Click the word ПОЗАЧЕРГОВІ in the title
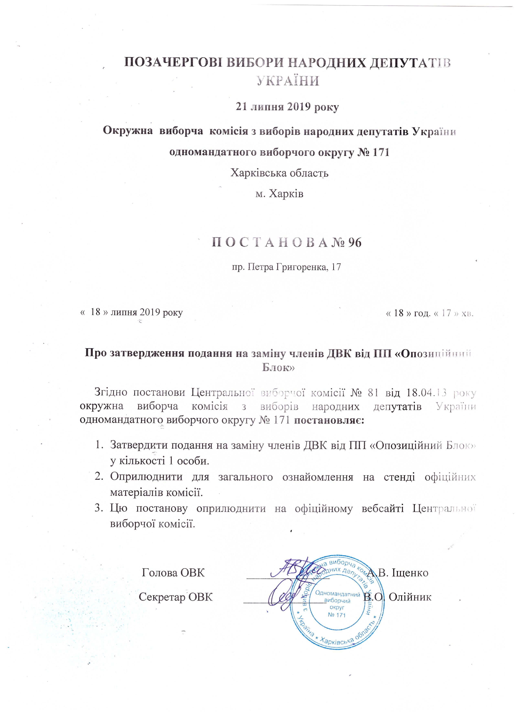click(173, 62)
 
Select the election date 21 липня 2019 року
click(287, 107)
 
